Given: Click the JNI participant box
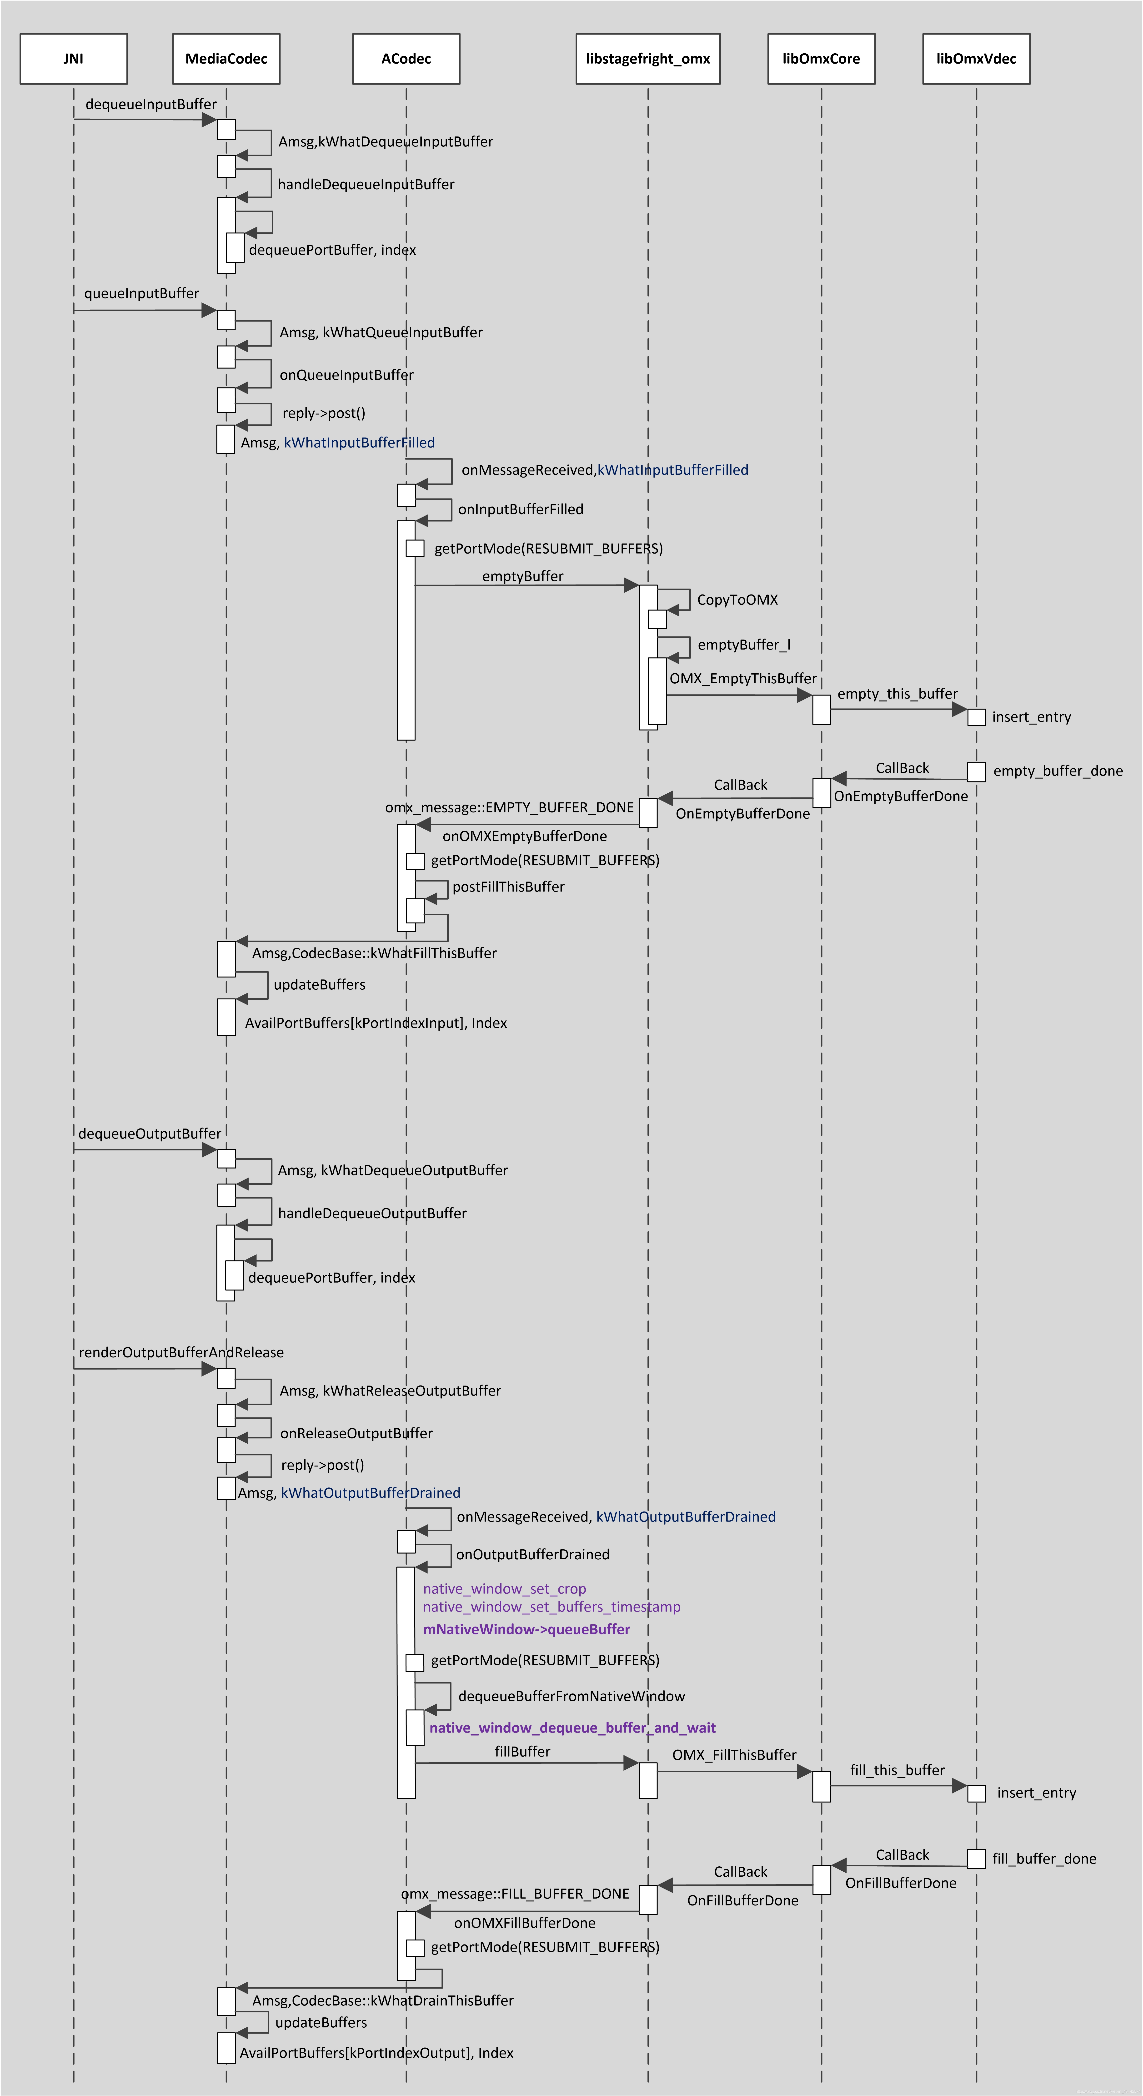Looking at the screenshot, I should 73,59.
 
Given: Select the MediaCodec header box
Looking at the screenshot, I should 226,59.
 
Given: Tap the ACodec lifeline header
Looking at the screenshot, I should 406,59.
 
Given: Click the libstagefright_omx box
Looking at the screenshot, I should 647,59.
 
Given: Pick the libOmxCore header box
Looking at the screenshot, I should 821,59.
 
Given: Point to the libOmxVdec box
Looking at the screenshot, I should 976,59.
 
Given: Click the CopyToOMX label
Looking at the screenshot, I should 737,600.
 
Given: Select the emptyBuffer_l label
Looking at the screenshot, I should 744,645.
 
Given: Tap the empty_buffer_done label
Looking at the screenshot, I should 1058,771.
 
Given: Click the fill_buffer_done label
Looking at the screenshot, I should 1044,1858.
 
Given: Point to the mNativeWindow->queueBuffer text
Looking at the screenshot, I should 526,1629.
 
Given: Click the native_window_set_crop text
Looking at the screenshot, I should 504,1588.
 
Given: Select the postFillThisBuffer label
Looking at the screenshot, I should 508,886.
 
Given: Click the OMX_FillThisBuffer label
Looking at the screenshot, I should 734,1755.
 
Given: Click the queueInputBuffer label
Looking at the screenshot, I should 141,293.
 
